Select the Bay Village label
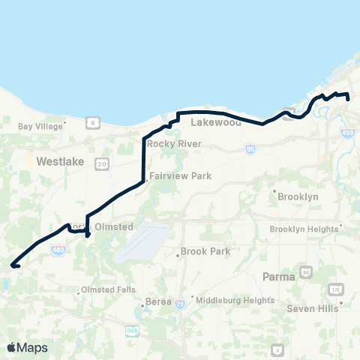tap(39, 127)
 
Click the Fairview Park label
tap(179, 175)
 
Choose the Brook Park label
tap(205, 251)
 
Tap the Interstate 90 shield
tap(248, 150)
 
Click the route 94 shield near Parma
tap(305, 271)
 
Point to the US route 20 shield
tap(101, 162)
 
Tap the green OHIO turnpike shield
tap(132, 330)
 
